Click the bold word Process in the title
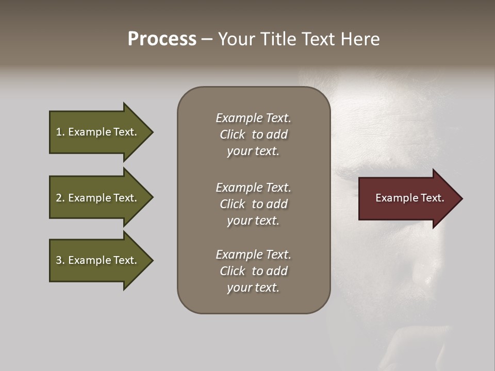[x=162, y=39]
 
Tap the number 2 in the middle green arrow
[x=59, y=198]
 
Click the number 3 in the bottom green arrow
[x=59, y=260]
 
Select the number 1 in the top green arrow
[x=58, y=132]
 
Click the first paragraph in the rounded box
[x=253, y=134]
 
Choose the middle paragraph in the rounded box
[x=253, y=204]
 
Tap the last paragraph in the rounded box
[x=253, y=271]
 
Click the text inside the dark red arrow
[x=409, y=198]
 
